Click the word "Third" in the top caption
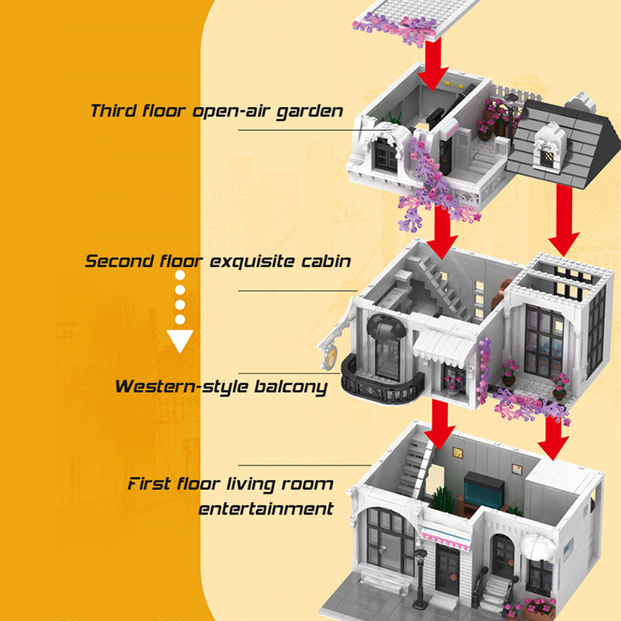pyautogui.click(x=113, y=110)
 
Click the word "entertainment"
pyautogui.click(x=265, y=509)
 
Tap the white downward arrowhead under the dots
pyautogui.click(x=180, y=341)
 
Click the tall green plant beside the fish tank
pyautogui.click(x=444, y=498)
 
